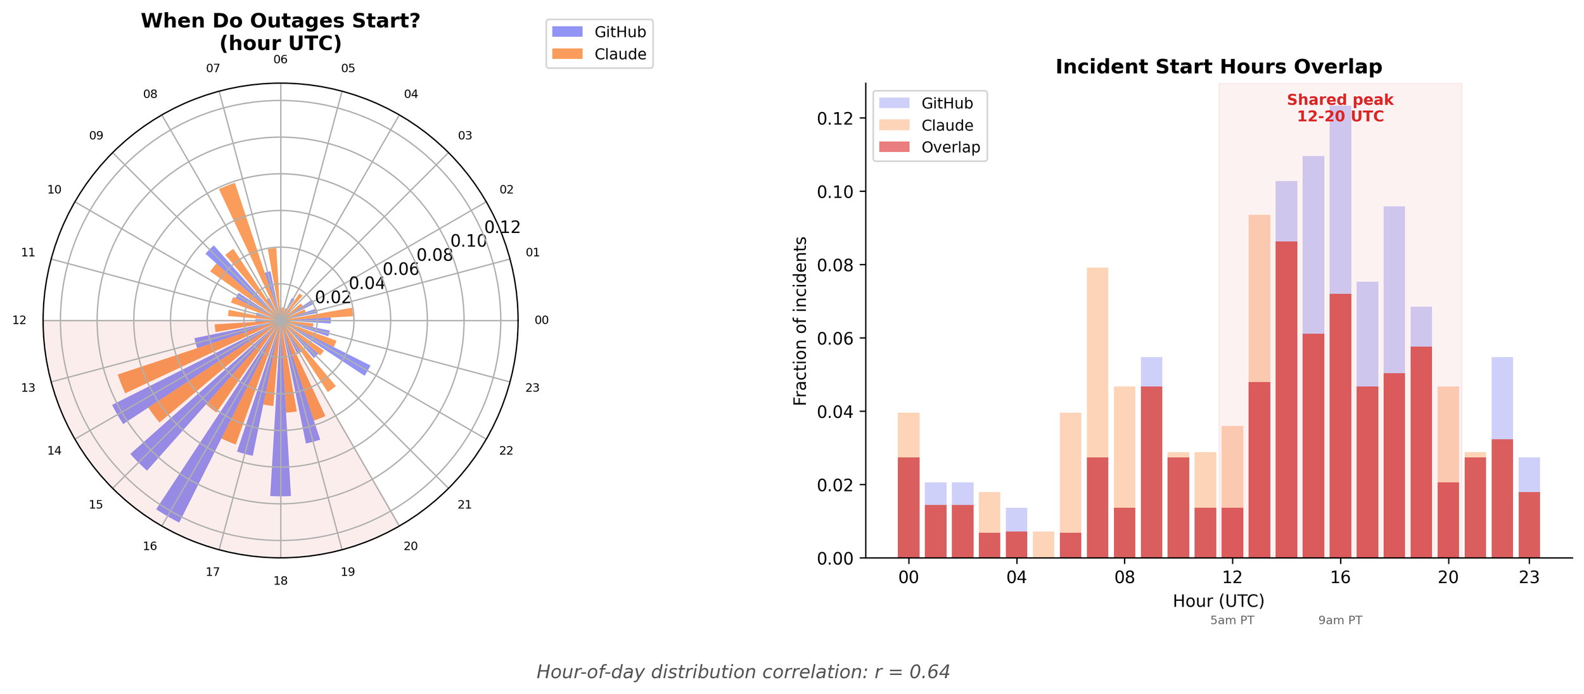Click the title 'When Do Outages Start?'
[280, 22]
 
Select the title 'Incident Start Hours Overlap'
[1218, 67]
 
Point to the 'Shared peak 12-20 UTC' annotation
[1340, 108]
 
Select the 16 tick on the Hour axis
[1340, 577]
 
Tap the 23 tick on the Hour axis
[1529, 577]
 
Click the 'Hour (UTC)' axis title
[1218, 601]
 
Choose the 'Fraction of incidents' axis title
[800, 321]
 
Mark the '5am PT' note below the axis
[1232, 621]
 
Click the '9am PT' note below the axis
[1340, 621]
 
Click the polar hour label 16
[150, 546]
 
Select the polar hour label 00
[541, 320]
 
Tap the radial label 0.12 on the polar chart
[502, 227]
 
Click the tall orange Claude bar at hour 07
[1097, 412]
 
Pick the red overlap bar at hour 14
[1286, 399]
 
